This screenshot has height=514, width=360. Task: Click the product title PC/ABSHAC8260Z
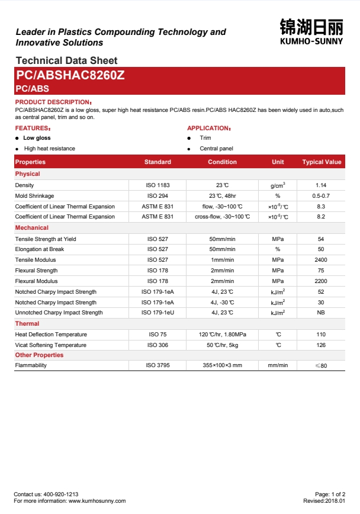(70, 75)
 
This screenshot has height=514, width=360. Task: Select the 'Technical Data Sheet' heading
(66, 60)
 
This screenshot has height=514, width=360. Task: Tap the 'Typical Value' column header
(322, 162)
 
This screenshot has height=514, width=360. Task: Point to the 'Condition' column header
(222, 162)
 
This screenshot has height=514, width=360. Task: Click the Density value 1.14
(321, 185)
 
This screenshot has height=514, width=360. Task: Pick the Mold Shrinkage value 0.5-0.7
(321, 195)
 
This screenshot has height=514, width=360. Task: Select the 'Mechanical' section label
(32, 227)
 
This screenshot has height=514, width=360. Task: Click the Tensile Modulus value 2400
(321, 260)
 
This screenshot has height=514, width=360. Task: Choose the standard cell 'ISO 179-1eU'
(157, 313)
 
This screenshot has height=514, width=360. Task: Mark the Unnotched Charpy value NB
(321, 313)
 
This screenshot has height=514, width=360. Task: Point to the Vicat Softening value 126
(321, 345)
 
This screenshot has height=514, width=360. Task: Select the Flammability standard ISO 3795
(157, 365)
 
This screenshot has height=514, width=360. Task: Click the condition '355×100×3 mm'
(222, 365)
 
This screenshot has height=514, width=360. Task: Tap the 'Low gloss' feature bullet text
(37, 138)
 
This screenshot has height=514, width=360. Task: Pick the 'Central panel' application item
(216, 149)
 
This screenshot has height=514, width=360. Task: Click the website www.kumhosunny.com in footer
(97, 501)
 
